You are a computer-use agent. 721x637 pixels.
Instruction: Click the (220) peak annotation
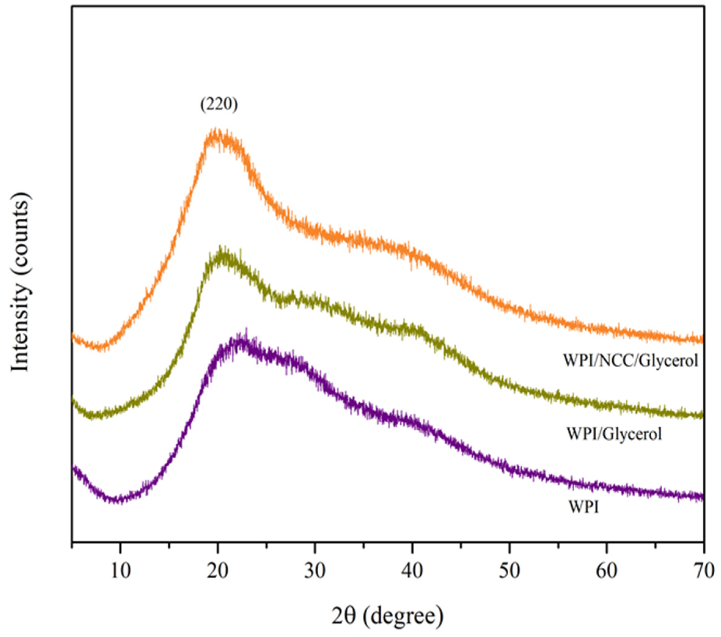click(219, 105)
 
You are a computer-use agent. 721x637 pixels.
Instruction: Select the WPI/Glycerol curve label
click(614, 433)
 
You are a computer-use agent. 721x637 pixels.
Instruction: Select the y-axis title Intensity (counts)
click(21, 282)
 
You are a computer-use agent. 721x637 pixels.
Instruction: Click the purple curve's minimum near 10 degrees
click(116, 500)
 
